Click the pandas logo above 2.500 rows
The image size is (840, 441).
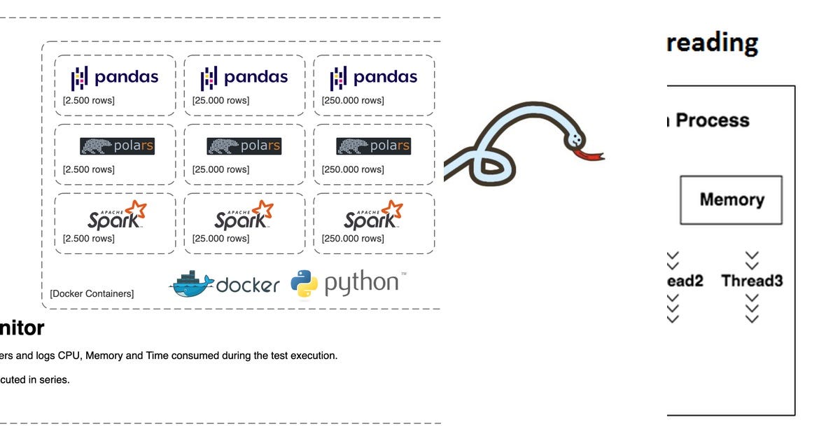click(115, 78)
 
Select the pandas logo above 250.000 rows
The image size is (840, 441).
click(374, 78)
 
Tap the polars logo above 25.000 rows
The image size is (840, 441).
click(244, 146)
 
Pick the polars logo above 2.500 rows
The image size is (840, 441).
click(117, 146)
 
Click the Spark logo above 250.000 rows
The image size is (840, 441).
click(374, 215)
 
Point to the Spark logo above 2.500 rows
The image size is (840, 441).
click(117, 215)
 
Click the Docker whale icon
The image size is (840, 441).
click(191, 283)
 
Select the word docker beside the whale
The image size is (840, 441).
click(248, 285)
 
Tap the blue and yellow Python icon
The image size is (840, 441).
click(304, 283)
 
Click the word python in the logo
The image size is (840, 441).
click(361, 283)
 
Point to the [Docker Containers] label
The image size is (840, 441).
click(92, 294)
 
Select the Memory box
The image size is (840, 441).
click(731, 200)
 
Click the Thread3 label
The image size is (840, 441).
click(752, 281)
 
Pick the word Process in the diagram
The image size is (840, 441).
click(713, 120)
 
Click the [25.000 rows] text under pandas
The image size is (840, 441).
click(220, 101)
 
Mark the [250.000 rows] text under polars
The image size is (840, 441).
click(353, 169)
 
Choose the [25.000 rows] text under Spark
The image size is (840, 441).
click(220, 239)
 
